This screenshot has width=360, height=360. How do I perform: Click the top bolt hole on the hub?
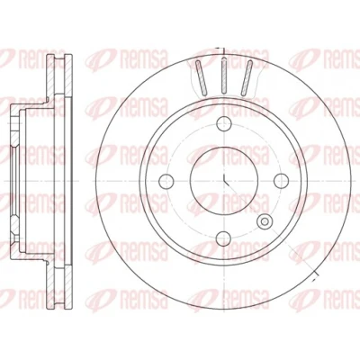coord(224,124)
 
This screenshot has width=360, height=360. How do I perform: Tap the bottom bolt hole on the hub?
coord(224,238)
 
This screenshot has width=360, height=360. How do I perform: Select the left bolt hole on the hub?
coord(166,181)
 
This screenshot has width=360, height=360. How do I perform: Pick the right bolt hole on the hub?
coord(282,181)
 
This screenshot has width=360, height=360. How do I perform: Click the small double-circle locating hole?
coord(265,221)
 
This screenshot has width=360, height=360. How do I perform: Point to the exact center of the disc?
coord(224,181)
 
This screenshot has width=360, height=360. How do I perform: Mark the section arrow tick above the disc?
coord(220,48)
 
